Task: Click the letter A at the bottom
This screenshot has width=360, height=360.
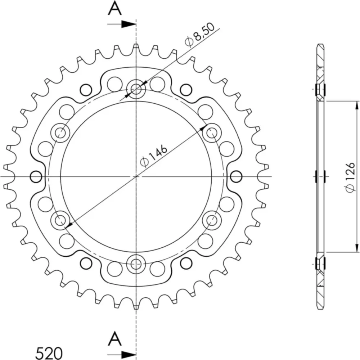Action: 114,339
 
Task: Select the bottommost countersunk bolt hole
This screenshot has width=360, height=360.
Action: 136,264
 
